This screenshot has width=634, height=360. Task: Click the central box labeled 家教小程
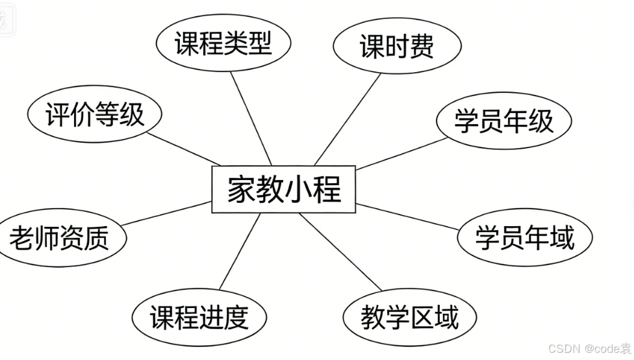[x=285, y=190]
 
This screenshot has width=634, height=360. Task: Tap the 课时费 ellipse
[x=396, y=47]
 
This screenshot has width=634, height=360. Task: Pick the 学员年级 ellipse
[x=503, y=122]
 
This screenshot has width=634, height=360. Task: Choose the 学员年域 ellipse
[x=524, y=238]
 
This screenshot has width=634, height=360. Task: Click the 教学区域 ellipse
[x=410, y=318]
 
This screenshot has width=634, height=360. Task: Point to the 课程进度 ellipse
[x=199, y=318]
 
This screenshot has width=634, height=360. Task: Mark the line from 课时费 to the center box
[x=348, y=117]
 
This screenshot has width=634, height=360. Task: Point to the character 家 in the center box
[x=241, y=190]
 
